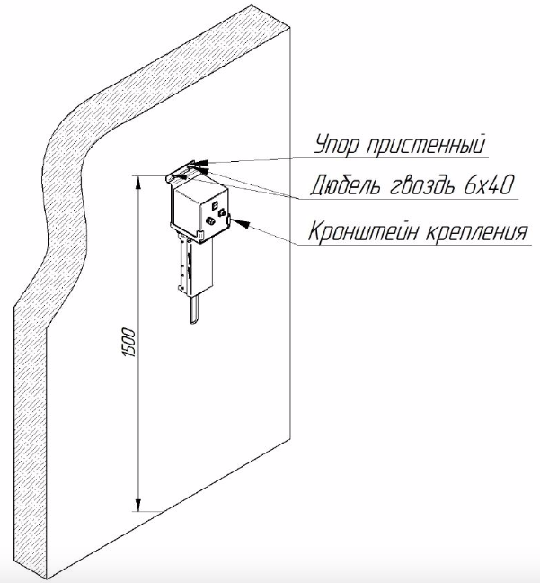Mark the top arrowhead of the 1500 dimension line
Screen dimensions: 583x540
pyautogui.click(x=137, y=181)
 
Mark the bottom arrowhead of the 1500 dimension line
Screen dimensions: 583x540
pyautogui.click(x=137, y=506)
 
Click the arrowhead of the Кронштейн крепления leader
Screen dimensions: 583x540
pyautogui.click(x=234, y=218)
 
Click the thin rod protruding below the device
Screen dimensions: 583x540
pyautogui.click(x=191, y=310)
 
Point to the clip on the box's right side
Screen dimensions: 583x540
pyautogui.click(x=229, y=219)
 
